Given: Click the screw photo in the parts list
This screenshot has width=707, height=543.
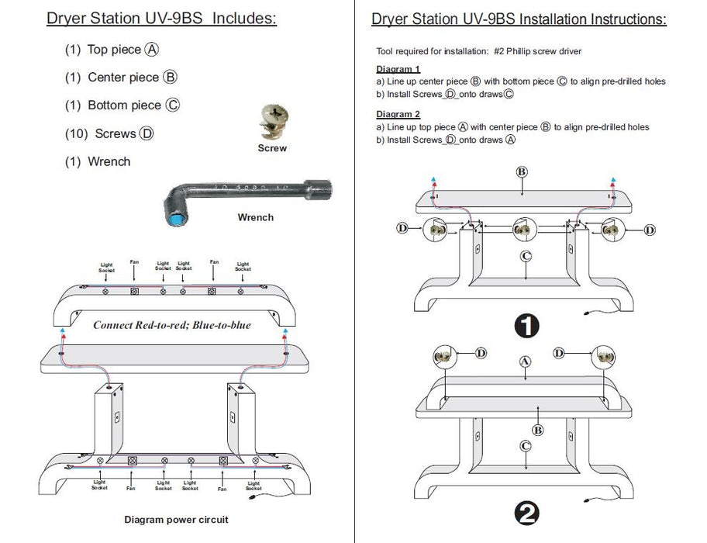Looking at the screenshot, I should point(271,123).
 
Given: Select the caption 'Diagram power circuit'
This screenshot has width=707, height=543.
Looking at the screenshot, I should point(176,520).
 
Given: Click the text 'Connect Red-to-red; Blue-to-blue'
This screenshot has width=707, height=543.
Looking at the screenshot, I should point(172,325).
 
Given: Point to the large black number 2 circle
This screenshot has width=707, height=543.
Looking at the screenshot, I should point(527,512).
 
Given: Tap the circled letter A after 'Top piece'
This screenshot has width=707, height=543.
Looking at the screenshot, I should point(152,50).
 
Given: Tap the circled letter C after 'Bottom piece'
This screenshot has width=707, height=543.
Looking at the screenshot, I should point(173,105).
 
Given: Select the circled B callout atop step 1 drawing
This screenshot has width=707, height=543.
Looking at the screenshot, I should point(522,171).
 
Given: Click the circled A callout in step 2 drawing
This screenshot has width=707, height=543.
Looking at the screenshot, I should point(524,361).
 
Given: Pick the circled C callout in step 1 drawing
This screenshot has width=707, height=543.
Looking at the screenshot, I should point(526,256).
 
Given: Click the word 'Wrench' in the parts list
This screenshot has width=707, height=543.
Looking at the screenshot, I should point(109,161).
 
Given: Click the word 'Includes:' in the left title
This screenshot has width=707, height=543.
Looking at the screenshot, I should point(238,19).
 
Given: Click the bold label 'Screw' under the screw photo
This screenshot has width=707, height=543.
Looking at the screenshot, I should point(272,148).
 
